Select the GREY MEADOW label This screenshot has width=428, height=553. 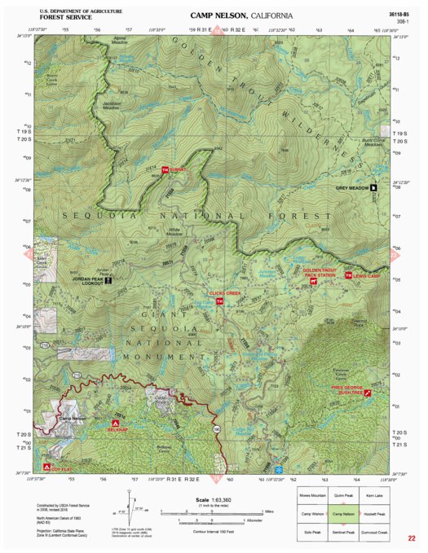tap(351, 187)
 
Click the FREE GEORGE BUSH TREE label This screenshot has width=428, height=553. tap(345, 388)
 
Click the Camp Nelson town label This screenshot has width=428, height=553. tap(73, 419)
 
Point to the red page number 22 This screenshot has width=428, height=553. tap(413, 538)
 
